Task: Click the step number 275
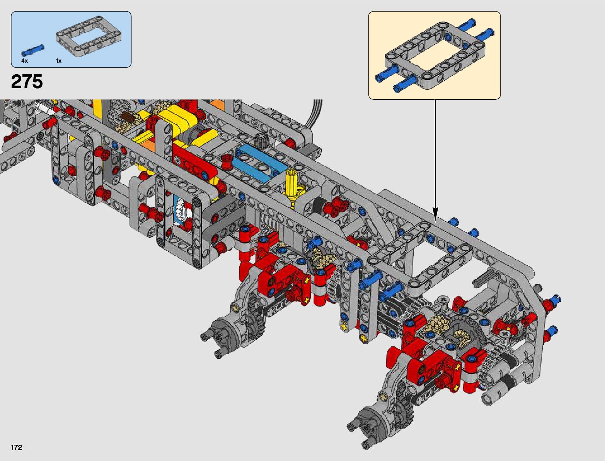click(27, 82)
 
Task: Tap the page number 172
click(17, 447)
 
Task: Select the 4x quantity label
click(24, 61)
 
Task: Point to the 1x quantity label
click(59, 61)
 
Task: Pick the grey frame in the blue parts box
click(88, 39)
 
